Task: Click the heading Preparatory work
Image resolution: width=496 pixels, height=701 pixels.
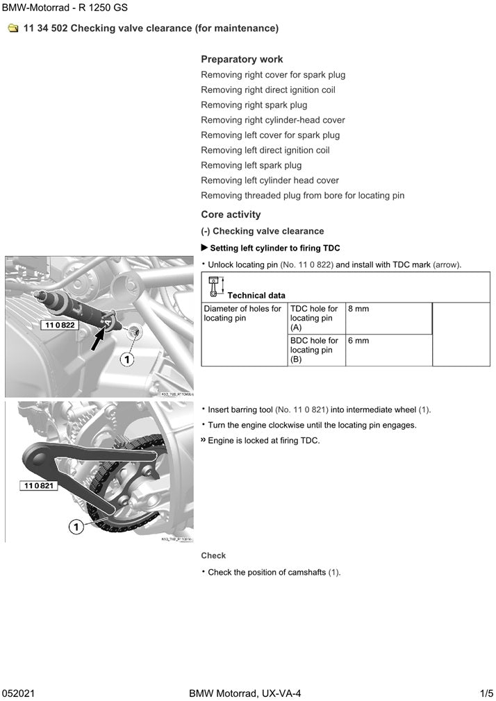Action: [x=242, y=60]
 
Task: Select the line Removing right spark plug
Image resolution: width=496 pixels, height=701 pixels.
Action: [x=254, y=105]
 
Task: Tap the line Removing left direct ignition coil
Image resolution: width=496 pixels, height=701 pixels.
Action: [x=265, y=151]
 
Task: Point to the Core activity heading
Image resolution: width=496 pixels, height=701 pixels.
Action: [x=231, y=214]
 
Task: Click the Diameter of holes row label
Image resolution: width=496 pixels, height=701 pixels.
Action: [x=242, y=314]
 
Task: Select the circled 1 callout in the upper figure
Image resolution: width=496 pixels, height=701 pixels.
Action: [x=126, y=359]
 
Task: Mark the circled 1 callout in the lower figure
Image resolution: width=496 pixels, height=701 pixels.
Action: [x=76, y=527]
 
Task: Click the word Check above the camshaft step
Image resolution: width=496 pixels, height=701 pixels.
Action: [x=213, y=556]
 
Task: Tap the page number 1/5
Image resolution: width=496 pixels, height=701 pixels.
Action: [x=486, y=693]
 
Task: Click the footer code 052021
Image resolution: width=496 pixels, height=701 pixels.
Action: [x=18, y=693]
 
